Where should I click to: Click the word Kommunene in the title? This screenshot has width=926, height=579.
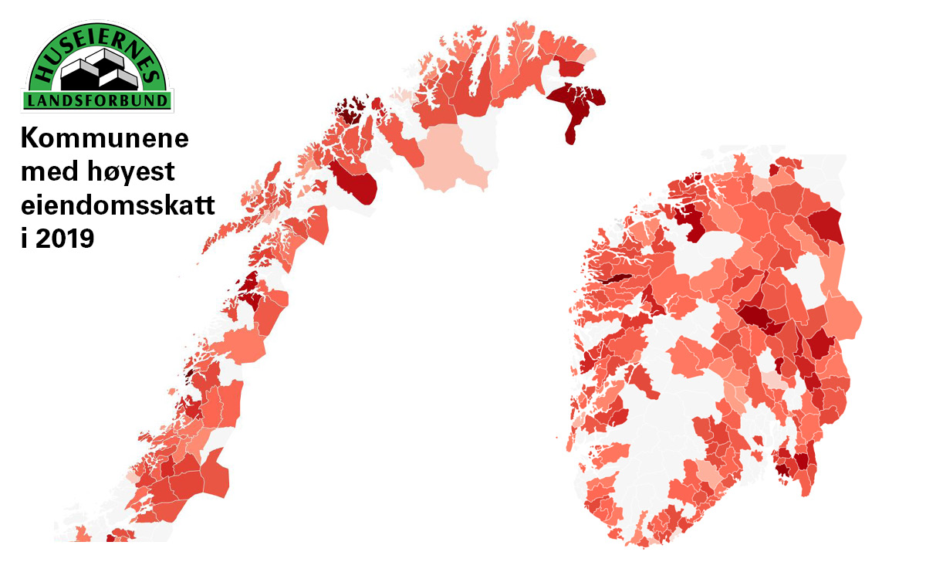click(104, 140)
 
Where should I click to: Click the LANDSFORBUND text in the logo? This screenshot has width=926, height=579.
click(97, 101)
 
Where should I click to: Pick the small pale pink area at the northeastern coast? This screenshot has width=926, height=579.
click(588, 56)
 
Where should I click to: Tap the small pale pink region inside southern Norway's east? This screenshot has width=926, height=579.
click(772, 381)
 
